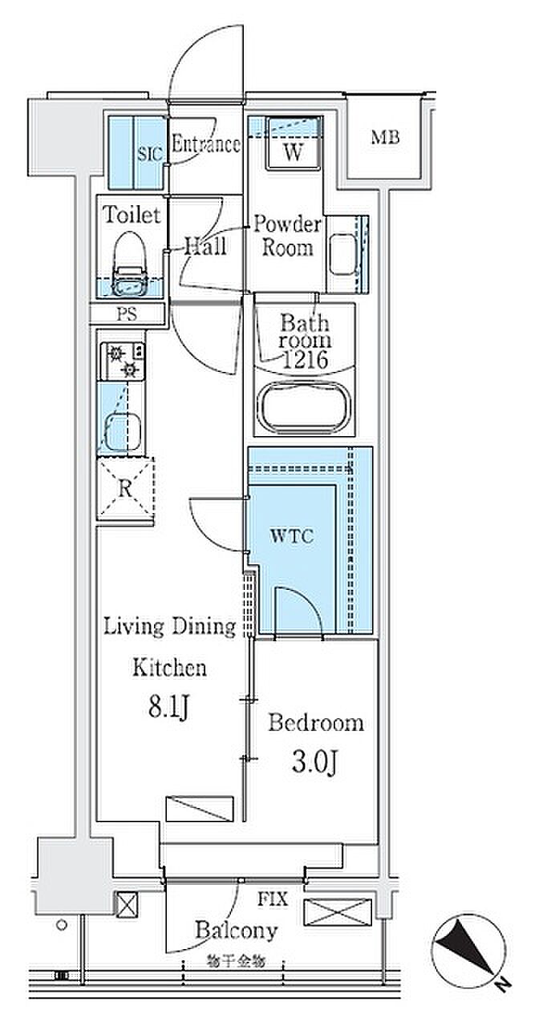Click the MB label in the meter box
pos(385,137)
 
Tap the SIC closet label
pos(150,155)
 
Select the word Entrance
pos(205,144)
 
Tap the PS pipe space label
pos(127,315)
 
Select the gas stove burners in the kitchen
pos(123,361)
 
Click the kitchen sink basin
pos(123,431)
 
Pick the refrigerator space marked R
pos(126,488)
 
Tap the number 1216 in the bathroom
pos(305,360)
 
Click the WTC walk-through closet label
pos(292,535)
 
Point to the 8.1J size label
pos(168,707)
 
